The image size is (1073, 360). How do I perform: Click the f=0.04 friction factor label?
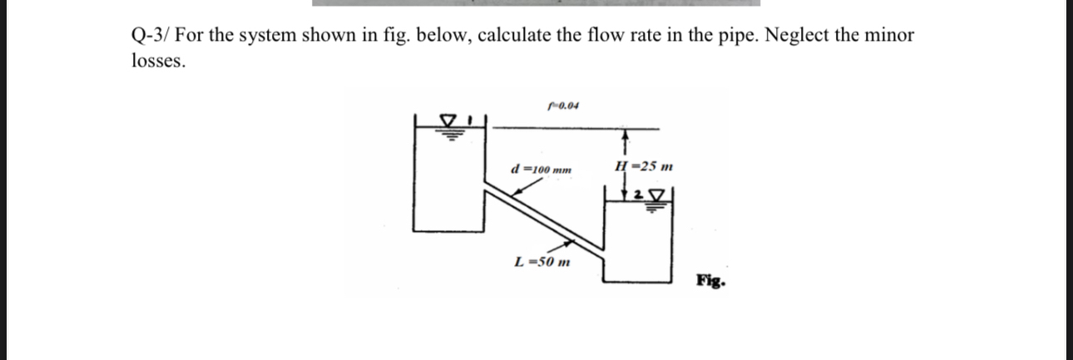coord(564,106)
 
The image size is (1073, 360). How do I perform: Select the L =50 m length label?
coord(542,264)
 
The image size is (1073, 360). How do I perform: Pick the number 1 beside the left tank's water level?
coord(469,121)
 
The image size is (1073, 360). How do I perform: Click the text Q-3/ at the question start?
coord(151,36)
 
